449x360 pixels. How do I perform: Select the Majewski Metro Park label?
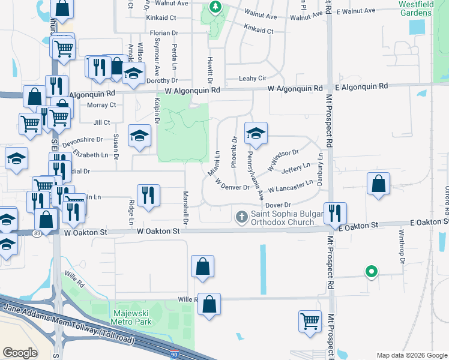[x=132, y=317]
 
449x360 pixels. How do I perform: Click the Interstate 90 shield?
[x=174, y=354]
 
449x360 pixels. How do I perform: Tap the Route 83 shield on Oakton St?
[x=38, y=233]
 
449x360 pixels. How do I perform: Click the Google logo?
[x=20, y=353]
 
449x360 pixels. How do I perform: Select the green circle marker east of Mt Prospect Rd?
[x=372, y=272]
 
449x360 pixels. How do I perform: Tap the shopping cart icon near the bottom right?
[x=310, y=320]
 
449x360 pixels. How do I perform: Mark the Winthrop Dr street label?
[x=403, y=254]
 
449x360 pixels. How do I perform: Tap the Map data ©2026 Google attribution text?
[x=411, y=355]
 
